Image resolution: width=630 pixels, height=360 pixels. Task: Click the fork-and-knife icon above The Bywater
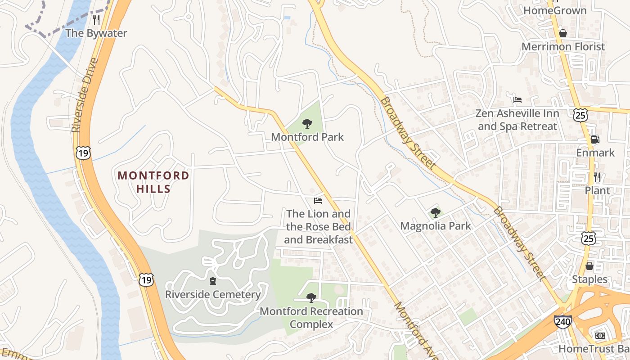tap(96, 19)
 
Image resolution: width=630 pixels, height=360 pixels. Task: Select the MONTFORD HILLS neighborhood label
tap(153, 182)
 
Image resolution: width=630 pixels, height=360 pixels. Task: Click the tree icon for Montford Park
tap(307, 124)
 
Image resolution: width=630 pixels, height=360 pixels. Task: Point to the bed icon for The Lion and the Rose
tap(318, 200)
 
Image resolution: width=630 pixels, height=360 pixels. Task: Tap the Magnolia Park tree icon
tap(435, 212)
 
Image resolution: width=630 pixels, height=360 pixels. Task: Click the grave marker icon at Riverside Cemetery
tap(212, 282)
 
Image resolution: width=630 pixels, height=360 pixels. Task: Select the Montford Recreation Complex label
tap(311, 318)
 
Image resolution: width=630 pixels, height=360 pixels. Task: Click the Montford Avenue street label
tap(415, 331)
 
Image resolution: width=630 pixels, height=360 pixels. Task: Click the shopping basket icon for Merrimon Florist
tap(562, 33)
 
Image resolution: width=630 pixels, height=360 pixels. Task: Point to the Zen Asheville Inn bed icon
tap(517, 99)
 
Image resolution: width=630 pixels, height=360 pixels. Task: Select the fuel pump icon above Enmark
tap(595, 139)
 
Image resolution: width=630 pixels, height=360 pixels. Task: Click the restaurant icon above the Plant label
tap(597, 177)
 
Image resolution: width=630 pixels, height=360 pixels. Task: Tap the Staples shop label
tap(589, 279)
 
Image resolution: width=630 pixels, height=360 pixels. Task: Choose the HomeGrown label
tap(555, 10)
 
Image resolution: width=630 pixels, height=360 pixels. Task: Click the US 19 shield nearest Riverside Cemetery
tap(146, 280)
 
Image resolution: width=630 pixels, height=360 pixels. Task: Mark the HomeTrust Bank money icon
tap(600, 336)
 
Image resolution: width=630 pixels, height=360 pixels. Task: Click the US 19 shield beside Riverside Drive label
tap(83, 153)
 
